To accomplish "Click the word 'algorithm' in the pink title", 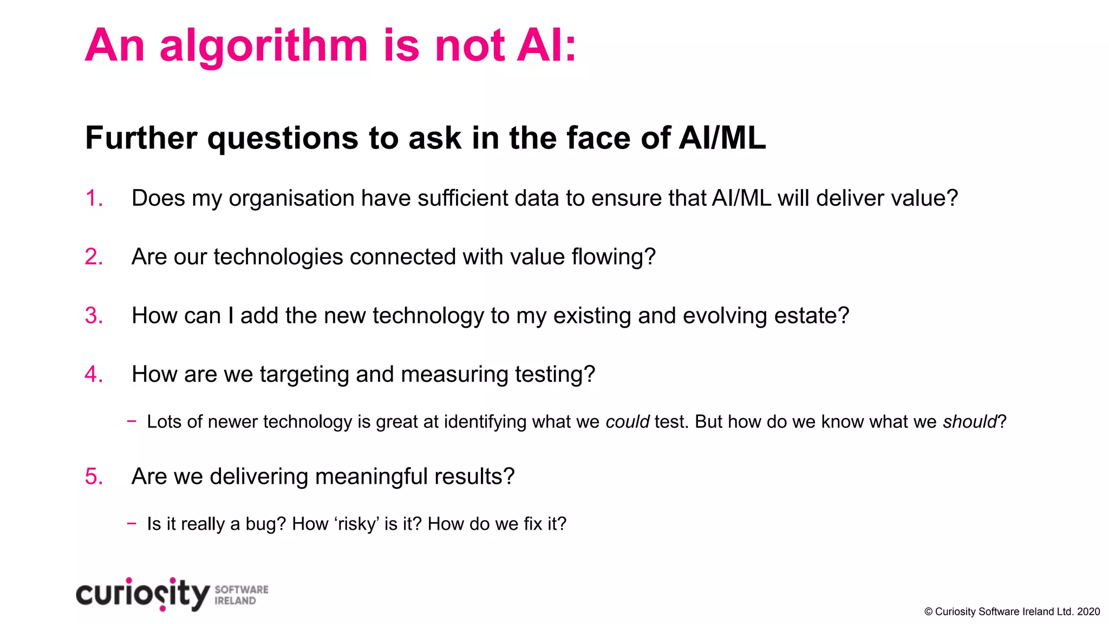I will (264, 47).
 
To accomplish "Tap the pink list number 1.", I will (93, 198).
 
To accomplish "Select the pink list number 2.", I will (93, 257).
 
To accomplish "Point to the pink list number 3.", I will (93, 316).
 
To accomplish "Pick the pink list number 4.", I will (93, 374).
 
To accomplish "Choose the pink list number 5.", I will (93, 477).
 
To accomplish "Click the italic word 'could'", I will (627, 421).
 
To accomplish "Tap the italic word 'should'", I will (969, 421).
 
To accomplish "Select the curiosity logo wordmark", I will (142, 594).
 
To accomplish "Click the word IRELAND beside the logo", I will (235, 601).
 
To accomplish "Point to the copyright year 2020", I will (1088, 612).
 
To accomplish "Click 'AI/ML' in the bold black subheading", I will (722, 138).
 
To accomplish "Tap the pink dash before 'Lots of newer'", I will (132, 421).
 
